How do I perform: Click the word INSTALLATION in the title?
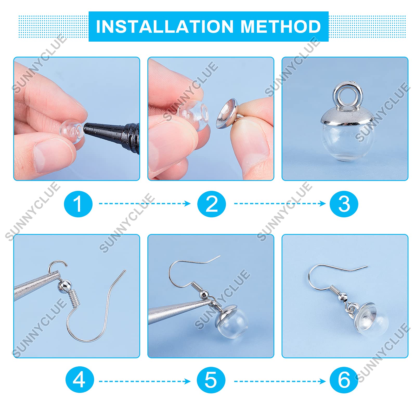(x=165, y=27)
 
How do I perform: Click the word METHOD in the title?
(x=281, y=27)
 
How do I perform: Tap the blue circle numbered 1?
(x=78, y=204)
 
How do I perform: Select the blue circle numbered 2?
(x=211, y=204)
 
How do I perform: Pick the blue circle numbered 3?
(x=344, y=204)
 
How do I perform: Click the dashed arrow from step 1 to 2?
(x=145, y=204)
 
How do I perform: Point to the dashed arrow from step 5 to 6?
(x=280, y=381)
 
